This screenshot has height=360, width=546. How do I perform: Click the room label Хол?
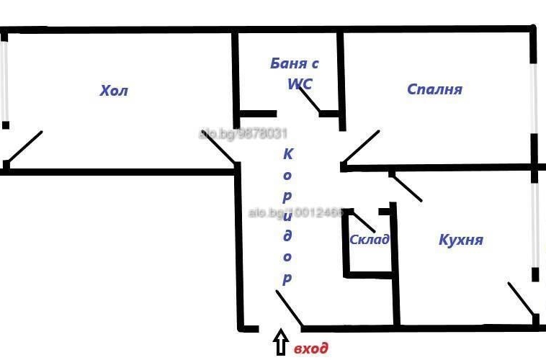(114, 91)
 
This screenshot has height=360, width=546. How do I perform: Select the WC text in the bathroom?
(299, 84)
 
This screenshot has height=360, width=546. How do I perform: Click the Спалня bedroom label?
(434, 89)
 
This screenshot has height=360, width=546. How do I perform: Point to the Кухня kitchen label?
(460, 240)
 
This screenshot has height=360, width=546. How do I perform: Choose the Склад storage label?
(369, 240)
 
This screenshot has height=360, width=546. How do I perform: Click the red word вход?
(311, 348)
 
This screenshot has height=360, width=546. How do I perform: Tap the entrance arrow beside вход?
(280, 344)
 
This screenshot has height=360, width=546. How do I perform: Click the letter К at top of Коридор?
(288, 153)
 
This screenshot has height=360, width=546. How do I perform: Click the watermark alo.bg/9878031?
(243, 133)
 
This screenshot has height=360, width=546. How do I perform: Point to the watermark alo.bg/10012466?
(295, 213)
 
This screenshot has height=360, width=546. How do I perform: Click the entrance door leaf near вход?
(289, 308)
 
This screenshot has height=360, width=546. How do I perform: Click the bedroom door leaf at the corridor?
(361, 147)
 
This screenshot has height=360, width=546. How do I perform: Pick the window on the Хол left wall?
(4, 81)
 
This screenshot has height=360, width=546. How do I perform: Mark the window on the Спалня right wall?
(534, 97)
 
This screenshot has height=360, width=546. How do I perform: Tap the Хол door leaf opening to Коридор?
(218, 148)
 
